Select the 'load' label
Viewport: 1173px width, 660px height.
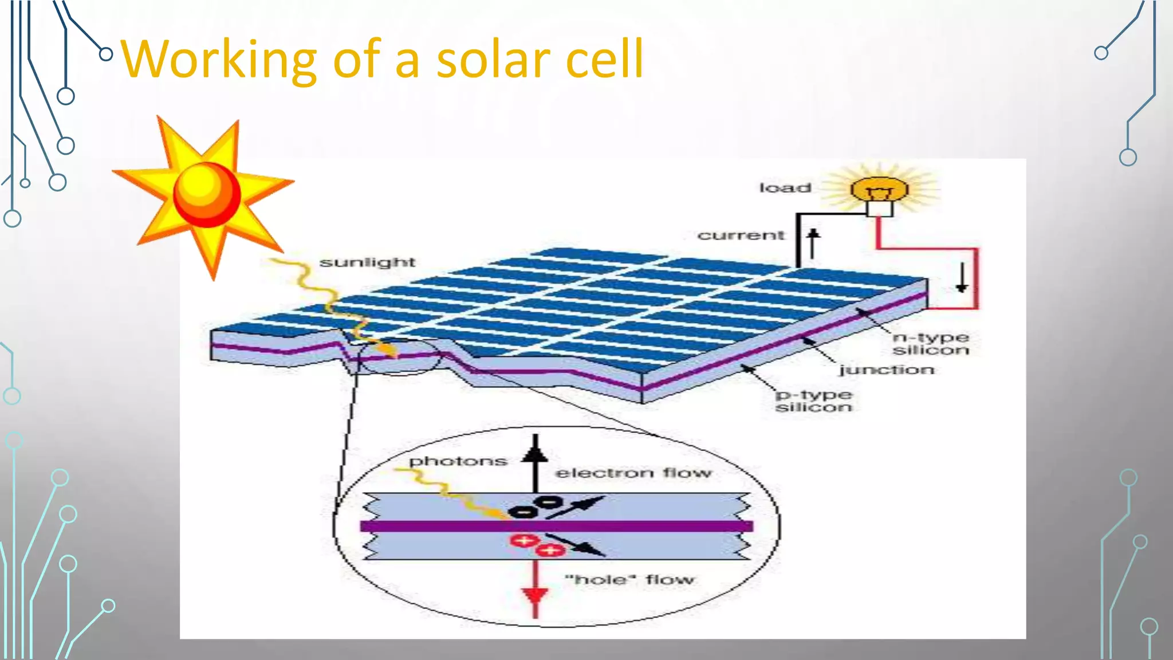[785, 188]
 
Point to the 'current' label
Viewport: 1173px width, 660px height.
[741, 235]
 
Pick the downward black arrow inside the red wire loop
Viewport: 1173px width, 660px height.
[962, 278]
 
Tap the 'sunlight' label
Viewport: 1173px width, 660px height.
[367, 262]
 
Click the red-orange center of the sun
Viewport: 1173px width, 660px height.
[206, 194]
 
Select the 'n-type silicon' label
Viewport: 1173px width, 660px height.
[930, 344]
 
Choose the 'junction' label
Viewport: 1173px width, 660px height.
[887, 370]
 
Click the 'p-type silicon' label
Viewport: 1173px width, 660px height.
[814, 401]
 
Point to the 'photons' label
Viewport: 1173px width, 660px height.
[458, 461]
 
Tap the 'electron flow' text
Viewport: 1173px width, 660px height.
[633, 473]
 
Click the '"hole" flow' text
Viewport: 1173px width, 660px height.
[629, 580]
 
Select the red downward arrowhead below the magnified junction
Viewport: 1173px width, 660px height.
[536, 596]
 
